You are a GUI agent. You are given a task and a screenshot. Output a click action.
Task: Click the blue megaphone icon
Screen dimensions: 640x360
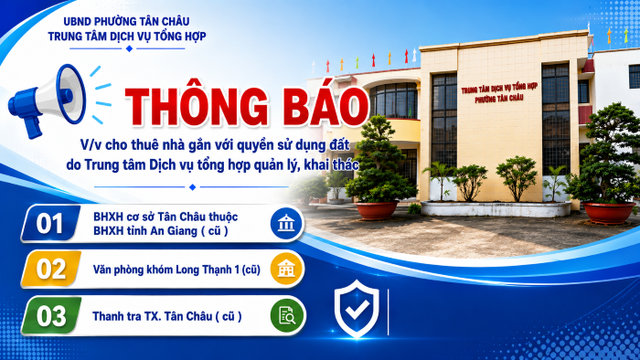47,101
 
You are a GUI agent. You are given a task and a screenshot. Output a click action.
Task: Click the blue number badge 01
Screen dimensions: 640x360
50,224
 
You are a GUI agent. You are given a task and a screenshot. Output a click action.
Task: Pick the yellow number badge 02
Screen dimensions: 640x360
50,269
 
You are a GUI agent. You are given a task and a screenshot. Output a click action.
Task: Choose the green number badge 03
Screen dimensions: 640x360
50,315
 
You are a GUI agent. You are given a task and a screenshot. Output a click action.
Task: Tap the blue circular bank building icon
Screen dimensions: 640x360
286,224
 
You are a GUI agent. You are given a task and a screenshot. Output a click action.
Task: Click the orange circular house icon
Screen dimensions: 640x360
286,269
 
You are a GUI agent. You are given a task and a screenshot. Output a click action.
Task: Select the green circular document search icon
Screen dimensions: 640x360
286,315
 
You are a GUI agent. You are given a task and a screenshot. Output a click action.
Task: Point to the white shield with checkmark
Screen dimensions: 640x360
357,308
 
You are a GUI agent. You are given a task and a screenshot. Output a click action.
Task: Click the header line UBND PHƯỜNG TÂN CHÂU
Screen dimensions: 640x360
126,21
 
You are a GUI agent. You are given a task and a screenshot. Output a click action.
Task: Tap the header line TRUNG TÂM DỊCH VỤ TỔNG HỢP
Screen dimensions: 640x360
127,36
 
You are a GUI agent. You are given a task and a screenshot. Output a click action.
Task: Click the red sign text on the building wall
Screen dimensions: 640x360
499,92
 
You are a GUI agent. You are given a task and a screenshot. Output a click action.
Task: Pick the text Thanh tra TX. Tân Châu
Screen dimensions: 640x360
153,316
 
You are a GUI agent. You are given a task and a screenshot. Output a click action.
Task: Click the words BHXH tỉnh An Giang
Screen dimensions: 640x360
145,231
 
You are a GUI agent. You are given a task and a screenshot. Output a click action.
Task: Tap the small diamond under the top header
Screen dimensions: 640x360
130,48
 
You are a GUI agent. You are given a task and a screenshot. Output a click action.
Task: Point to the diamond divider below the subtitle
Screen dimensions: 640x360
193,186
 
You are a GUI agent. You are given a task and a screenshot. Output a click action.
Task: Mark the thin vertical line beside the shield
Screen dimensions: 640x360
388,312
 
